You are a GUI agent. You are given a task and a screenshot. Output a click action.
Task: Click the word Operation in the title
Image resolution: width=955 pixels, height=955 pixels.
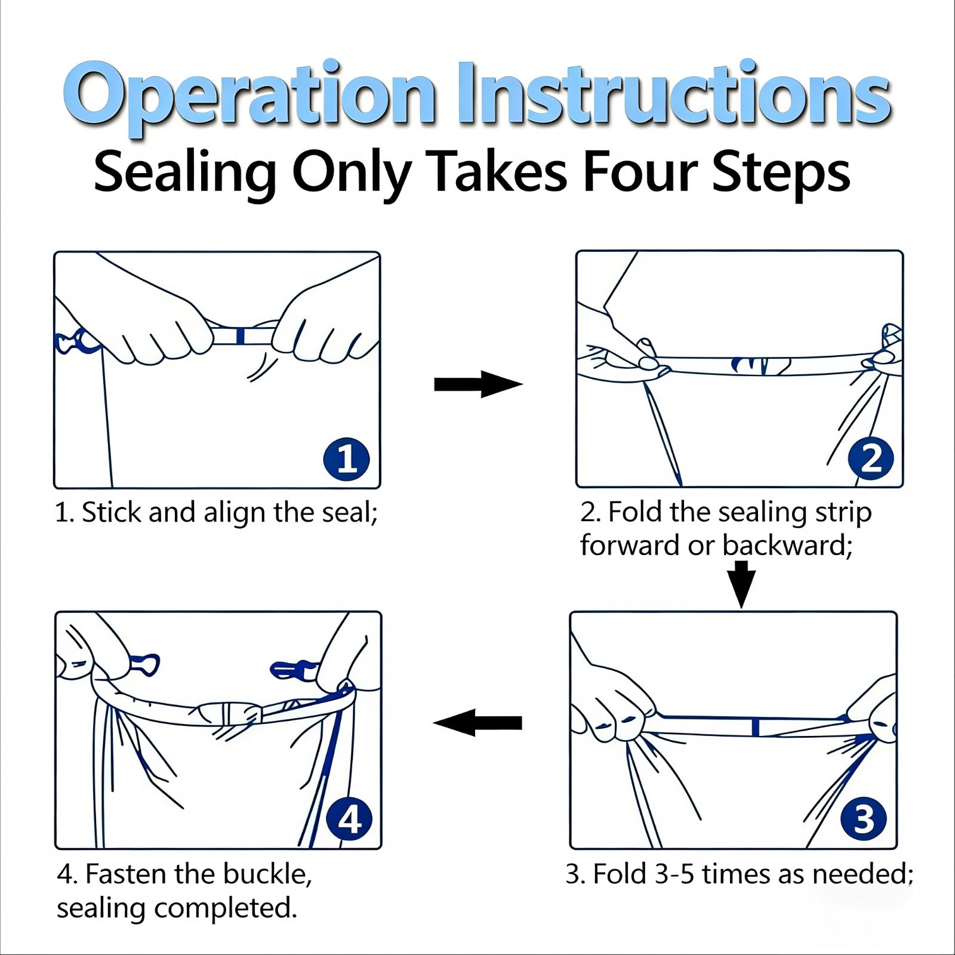249,95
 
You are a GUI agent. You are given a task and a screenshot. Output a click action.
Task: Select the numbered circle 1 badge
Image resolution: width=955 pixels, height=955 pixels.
347,459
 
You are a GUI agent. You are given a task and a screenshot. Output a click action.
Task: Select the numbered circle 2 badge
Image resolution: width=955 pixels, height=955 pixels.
871,459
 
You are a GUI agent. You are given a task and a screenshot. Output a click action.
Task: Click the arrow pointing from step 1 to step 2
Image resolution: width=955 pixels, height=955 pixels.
478,384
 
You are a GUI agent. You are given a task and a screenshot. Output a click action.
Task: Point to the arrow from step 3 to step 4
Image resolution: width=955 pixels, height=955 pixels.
478,723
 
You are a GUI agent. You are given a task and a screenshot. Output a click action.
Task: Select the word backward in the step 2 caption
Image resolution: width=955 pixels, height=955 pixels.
784,546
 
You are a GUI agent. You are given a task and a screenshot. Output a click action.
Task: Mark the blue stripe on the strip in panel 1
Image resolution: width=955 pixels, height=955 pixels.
240,336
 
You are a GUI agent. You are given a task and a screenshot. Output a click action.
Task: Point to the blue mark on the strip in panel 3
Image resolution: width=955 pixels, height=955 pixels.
756,727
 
